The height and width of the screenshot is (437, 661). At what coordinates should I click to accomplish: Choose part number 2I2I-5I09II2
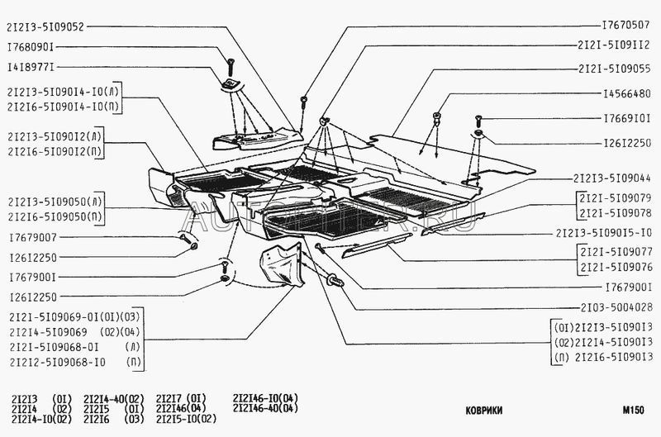612,46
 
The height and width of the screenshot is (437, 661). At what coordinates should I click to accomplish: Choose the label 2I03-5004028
616,306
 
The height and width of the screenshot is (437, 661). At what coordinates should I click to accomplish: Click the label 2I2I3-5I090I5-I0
606,233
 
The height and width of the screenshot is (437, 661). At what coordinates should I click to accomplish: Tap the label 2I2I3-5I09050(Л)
56,202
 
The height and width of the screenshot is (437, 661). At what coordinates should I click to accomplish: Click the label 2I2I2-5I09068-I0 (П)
73,362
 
